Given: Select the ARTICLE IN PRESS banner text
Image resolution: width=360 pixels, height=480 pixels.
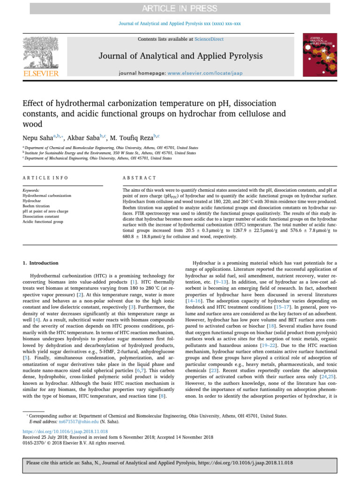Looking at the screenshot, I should point(180,8).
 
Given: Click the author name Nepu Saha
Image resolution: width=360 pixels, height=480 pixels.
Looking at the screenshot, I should point(39,138).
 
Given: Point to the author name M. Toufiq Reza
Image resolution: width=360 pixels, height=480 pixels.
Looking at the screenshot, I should point(132,138).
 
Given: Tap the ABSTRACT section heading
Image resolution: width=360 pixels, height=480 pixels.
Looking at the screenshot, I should point(140,178).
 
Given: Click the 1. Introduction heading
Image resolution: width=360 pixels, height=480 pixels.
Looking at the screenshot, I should point(41,264).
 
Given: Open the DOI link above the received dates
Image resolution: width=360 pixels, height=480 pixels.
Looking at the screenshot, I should point(65,431).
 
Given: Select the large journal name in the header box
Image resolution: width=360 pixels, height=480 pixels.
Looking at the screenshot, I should point(180,57).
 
